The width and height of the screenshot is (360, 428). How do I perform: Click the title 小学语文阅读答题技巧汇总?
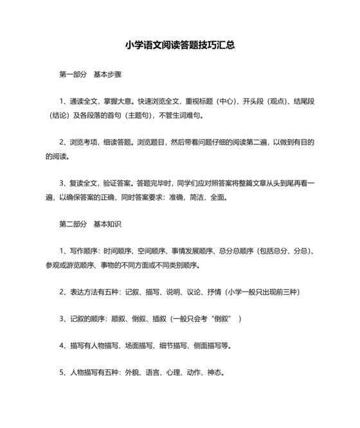point(179,46)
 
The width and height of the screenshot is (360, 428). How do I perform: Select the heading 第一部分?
point(72,74)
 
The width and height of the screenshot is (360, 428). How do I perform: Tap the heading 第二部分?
point(72,225)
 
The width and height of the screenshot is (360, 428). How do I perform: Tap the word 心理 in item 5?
point(172,373)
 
